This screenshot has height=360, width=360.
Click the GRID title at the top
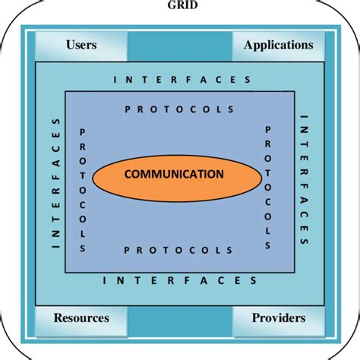click(182, 5)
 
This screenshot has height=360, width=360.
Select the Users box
click(81, 46)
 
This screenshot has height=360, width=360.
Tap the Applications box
click(279, 46)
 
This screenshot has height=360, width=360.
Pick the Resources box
click(81, 321)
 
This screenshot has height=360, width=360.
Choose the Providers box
click(279, 321)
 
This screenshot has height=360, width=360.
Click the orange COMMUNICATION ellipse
click(177, 178)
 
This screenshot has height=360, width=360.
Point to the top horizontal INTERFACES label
click(182, 80)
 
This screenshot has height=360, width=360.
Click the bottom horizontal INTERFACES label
click(180, 280)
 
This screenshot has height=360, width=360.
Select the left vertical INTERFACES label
click(56, 183)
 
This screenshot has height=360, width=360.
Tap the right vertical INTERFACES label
click(304, 179)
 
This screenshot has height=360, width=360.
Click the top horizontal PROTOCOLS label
click(179, 109)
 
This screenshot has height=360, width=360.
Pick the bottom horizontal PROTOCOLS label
click(178, 250)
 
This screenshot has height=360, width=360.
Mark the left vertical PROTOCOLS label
click(83, 191)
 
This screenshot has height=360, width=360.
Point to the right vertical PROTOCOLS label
click(268, 188)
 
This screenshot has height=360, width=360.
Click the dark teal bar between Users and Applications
click(180, 46)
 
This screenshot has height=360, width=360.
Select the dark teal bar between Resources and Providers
click(180, 321)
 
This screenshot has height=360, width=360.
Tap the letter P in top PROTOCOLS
click(128, 109)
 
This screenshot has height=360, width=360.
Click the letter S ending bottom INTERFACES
click(254, 280)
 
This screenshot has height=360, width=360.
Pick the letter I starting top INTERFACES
click(115, 80)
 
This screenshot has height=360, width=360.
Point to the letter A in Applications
click(248, 45)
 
